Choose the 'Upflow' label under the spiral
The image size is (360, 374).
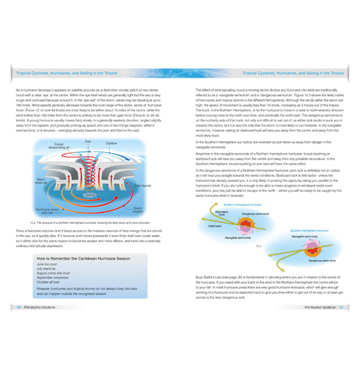[x=90, y=194]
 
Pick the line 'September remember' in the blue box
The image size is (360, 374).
[x=51, y=278]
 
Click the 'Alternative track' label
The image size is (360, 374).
[x=222, y=213]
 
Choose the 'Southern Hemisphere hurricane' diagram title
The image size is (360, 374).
[x=309, y=230]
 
